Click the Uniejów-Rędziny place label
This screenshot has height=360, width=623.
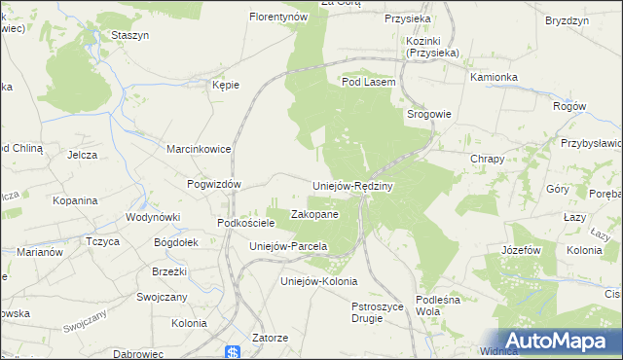pyautogui.click(x=351, y=186)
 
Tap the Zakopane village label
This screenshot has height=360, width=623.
pyautogui.click(x=314, y=214)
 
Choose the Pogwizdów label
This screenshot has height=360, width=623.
pyautogui.click(x=213, y=183)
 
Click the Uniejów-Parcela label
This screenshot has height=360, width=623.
pyautogui.click(x=287, y=246)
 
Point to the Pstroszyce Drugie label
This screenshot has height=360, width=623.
pyautogui.click(x=376, y=312)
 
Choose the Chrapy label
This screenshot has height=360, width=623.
pyautogui.click(x=487, y=158)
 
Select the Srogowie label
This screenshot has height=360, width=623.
pyautogui.click(x=428, y=114)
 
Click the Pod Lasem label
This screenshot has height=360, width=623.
pyautogui.click(x=368, y=83)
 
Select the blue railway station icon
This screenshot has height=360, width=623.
pyautogui.click(x=232, y=352)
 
